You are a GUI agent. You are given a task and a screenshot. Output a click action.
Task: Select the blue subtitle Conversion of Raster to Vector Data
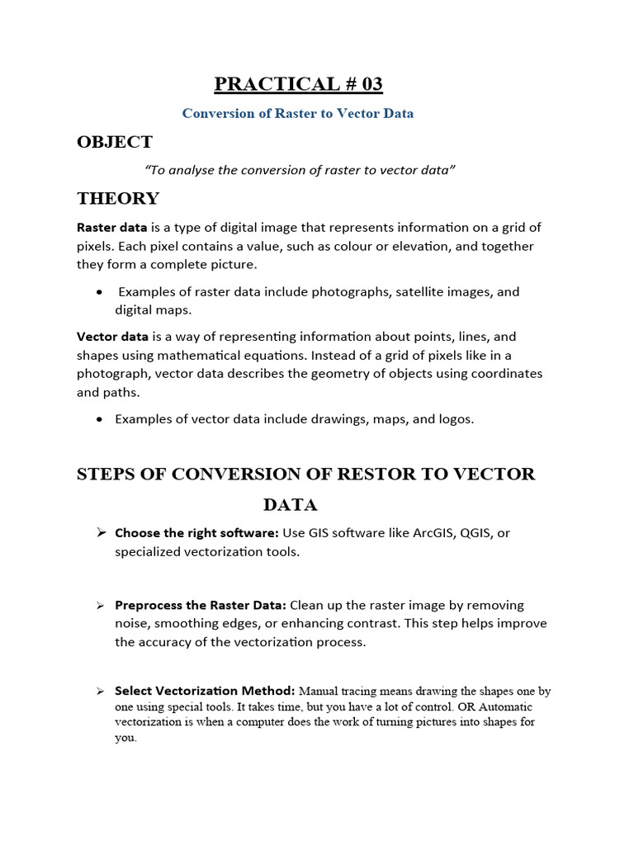pyautogui.click(x=297, y=114)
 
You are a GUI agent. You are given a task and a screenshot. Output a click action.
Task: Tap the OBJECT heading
pyautogui.click(x=115, y=142)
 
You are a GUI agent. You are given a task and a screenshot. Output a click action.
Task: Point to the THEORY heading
pyautogui.click(x=118, y=199)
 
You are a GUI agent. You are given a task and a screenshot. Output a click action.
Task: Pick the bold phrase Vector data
pyautogui.click(x=113, y=337)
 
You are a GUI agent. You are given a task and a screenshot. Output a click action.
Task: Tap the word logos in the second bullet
pyautogui.click(x=456, y=419)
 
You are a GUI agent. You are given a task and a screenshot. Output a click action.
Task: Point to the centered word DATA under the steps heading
pyautogui.click(x=290, y=504)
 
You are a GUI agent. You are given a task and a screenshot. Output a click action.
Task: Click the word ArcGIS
pyautogui.click(x=424, y=533)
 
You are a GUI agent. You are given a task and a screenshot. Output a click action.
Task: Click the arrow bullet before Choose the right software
pyautogui.click(x=102, y=533)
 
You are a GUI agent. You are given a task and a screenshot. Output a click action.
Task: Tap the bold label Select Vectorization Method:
pyautogui.click(x=205, y=691)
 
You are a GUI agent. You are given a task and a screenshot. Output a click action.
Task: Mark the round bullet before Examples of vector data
pyautogui.click(x=100, y=419)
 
